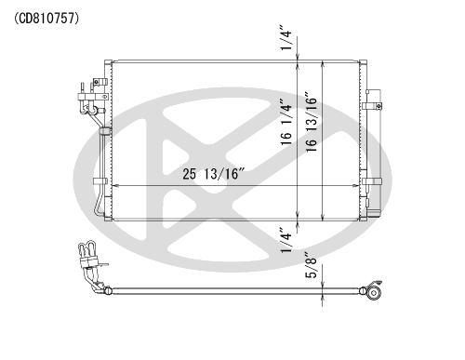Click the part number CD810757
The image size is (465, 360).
pyautogui.click(x=46, y=19)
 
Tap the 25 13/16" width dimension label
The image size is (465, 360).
pyautogui.click(x=214, y=174)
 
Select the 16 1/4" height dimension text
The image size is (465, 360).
pyautogui.click(x=286, y=122)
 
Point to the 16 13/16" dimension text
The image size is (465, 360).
pyautogui.click(x=312, y=122)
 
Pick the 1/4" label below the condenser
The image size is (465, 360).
pyautogui.click(x=286, y=240)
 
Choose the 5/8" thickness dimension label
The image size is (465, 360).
pyautogui.click(x=312, y=264)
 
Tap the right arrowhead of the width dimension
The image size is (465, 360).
pyautogui.click(x=355, y=186)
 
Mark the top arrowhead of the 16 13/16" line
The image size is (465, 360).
pyautogui.click(x=323, y=64)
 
